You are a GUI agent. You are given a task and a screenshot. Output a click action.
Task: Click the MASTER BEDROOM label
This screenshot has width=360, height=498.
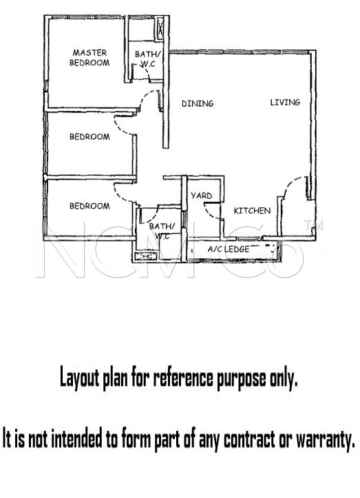click(89, 57)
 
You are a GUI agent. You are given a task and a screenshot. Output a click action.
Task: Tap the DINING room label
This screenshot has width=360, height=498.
click(198, 103)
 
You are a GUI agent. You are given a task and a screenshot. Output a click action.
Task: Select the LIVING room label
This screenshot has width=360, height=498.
click(285, 102)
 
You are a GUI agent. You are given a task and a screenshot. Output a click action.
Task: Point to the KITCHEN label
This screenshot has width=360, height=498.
click(252, 211)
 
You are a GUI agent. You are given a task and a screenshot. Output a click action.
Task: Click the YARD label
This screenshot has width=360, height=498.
click(201, 196)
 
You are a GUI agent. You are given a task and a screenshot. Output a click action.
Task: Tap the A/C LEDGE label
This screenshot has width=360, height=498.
click(229, 249)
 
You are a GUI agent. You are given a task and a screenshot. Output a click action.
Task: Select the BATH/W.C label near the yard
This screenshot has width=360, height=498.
click(162, 231)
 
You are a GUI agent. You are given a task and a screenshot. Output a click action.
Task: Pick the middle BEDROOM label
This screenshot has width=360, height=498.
click(89, 137)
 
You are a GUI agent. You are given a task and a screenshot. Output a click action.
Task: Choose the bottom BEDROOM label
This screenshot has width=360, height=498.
click(89, 206)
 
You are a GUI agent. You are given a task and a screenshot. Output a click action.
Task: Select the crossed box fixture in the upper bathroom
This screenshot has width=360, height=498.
click(160, 28)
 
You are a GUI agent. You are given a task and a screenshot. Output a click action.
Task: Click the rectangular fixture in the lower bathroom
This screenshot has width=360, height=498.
click(147, 256)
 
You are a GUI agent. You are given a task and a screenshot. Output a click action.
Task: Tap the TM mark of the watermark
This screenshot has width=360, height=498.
click(313, 225)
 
